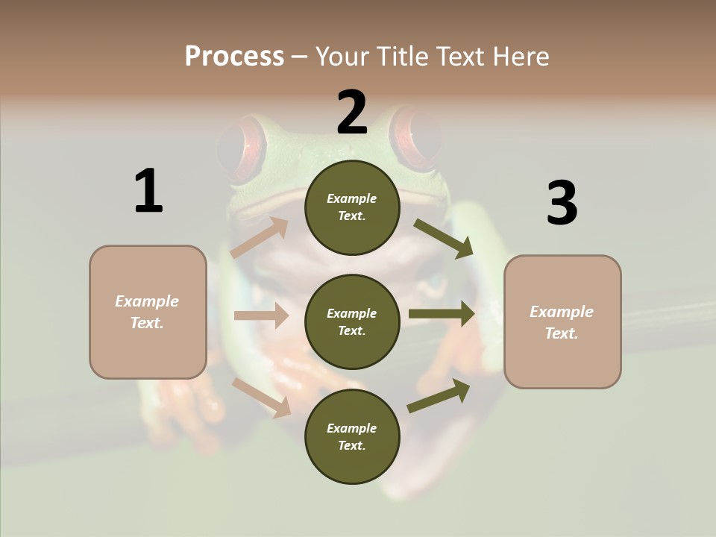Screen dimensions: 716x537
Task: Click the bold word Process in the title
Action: [234, 57]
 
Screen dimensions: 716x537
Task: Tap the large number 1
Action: [148, 191]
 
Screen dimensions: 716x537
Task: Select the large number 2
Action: [352, 113]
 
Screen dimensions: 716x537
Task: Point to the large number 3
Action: [562, 203]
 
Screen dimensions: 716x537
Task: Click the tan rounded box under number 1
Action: [148, 312]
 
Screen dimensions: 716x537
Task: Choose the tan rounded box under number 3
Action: [562, 322]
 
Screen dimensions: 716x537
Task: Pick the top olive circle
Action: [352, 207]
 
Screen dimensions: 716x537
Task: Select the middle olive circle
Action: [352, 321]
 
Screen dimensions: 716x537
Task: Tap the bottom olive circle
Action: [352, 436]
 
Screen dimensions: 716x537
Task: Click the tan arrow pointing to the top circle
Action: [260, 238]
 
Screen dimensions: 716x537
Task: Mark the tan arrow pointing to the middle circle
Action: [260, 315]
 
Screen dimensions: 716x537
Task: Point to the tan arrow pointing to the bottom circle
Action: [261, 398]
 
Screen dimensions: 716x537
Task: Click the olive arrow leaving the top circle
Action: [443, 238]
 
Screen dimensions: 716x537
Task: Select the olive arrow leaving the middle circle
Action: [441, 314]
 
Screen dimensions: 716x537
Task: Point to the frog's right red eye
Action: [418, 134]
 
